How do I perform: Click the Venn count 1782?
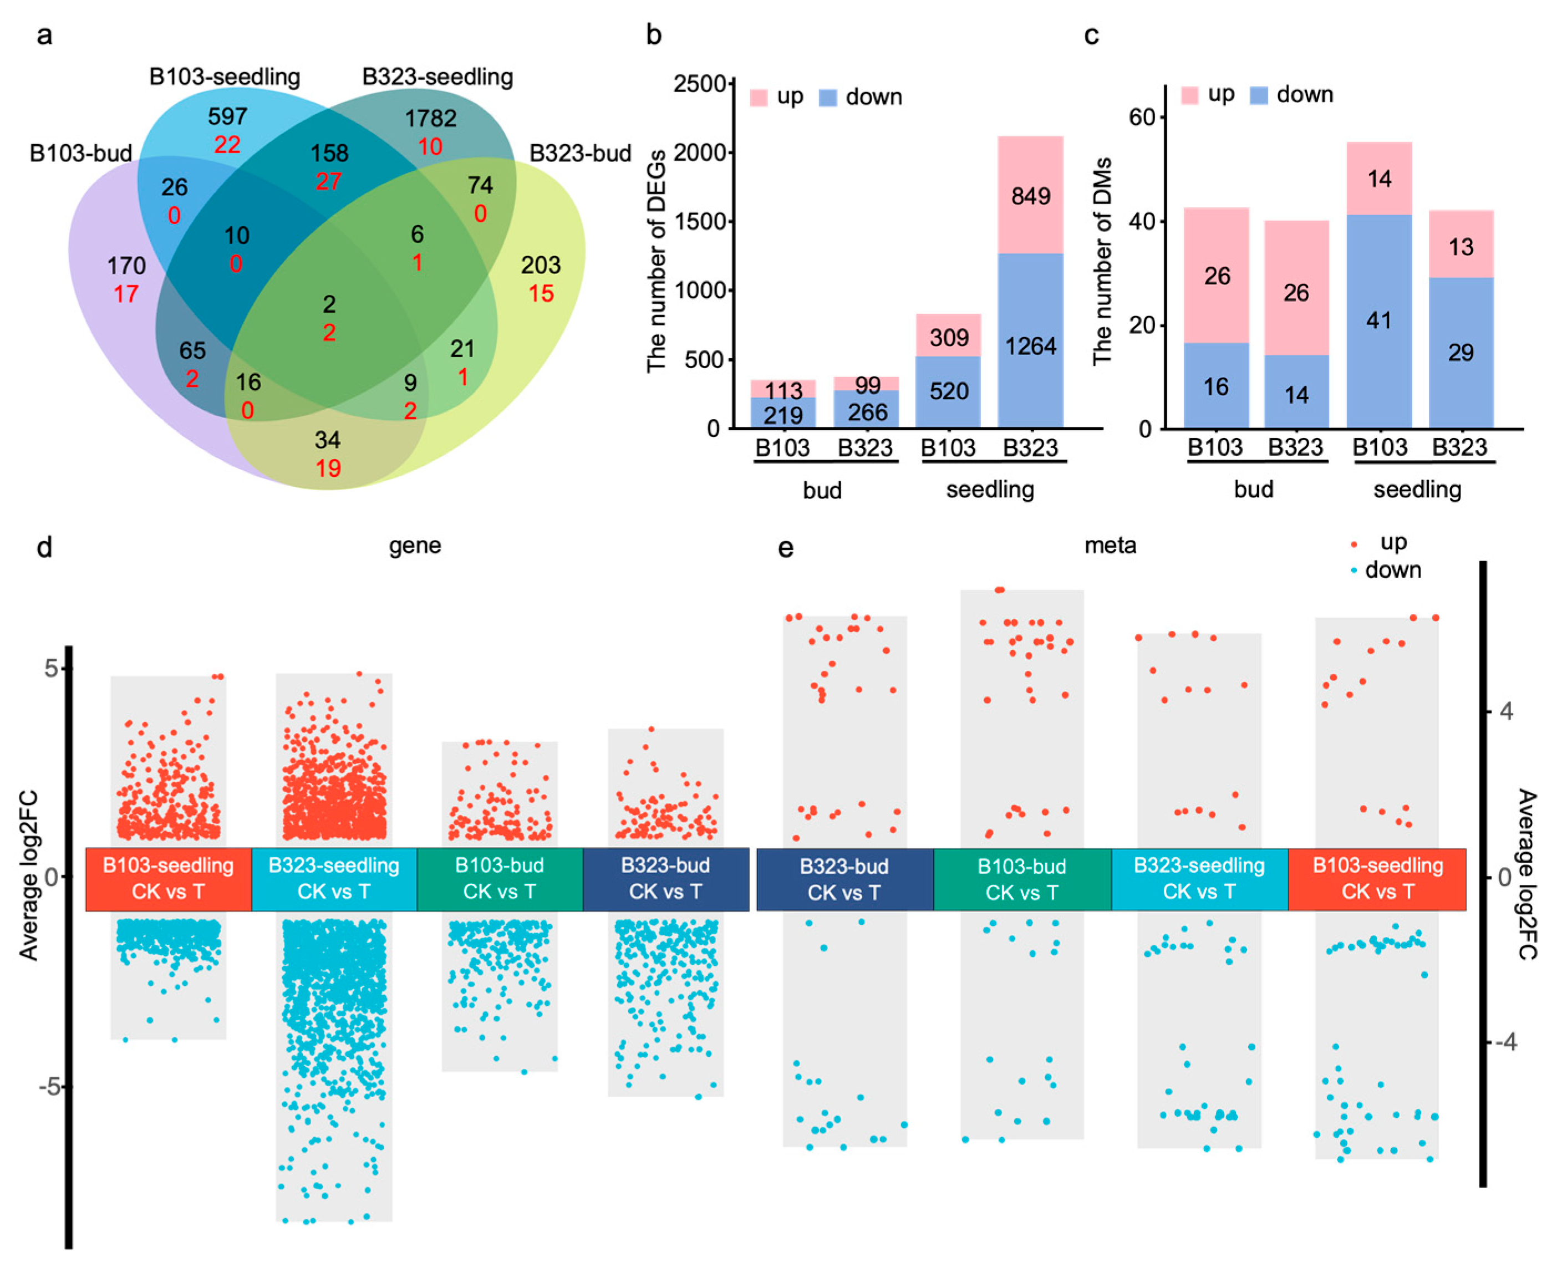click(x=431, y=118)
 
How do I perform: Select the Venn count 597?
click(x=227, y=116)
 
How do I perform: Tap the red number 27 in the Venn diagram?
click(x=329, y=181)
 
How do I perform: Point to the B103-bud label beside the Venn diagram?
click(x=80, y=154)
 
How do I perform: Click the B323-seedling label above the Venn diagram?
click(x=437, y=77)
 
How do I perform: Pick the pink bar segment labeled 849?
click(x=1030, y=195)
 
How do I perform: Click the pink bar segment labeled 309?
click(x=948, y=336)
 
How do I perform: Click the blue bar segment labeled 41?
click(x=1378, y=320)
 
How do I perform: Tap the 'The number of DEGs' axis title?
click(x=657, y=261)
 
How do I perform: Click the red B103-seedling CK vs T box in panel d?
click(x=168, y=879)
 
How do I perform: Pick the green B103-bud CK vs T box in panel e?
click(x=1022, y=879)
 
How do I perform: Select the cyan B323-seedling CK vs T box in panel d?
click(x=334, y=879)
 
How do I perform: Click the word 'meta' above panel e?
click(x=1110, y=546)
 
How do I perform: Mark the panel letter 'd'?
click(x=44, y=547)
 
